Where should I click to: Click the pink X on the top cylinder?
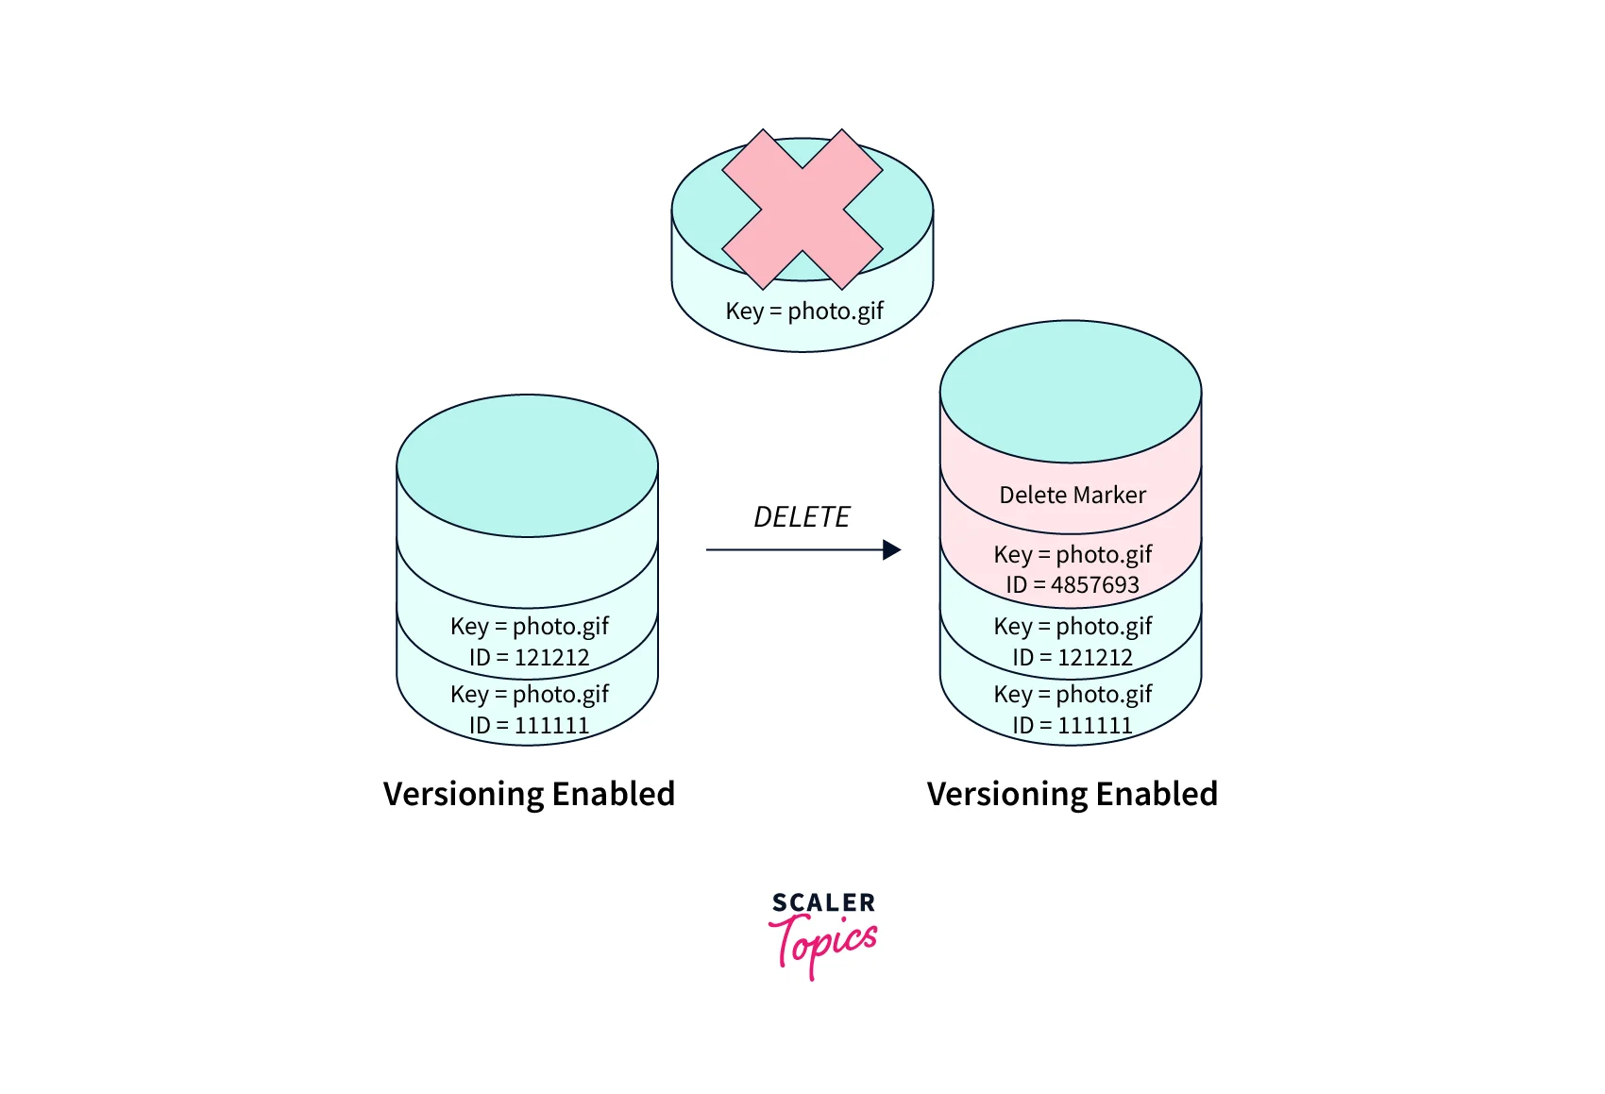802,209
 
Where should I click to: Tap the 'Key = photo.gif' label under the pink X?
804,311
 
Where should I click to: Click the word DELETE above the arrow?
802,517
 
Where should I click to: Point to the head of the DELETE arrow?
891,549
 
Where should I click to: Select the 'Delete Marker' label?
1073,495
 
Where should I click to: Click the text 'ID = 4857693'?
1073,584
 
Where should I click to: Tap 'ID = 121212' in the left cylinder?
529,657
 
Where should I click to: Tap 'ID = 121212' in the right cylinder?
1073,657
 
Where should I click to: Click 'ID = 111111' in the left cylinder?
529,725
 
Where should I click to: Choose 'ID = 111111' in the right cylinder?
1073,725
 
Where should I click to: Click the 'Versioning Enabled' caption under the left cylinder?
529,794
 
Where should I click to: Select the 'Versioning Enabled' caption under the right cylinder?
1073,794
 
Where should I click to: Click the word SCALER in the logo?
823,902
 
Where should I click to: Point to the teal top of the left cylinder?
527,465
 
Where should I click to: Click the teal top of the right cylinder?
1071,391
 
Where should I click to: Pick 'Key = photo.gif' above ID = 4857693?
1073,554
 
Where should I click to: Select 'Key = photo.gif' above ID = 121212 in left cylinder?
529,626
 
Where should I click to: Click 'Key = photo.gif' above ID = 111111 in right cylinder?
1073,694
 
